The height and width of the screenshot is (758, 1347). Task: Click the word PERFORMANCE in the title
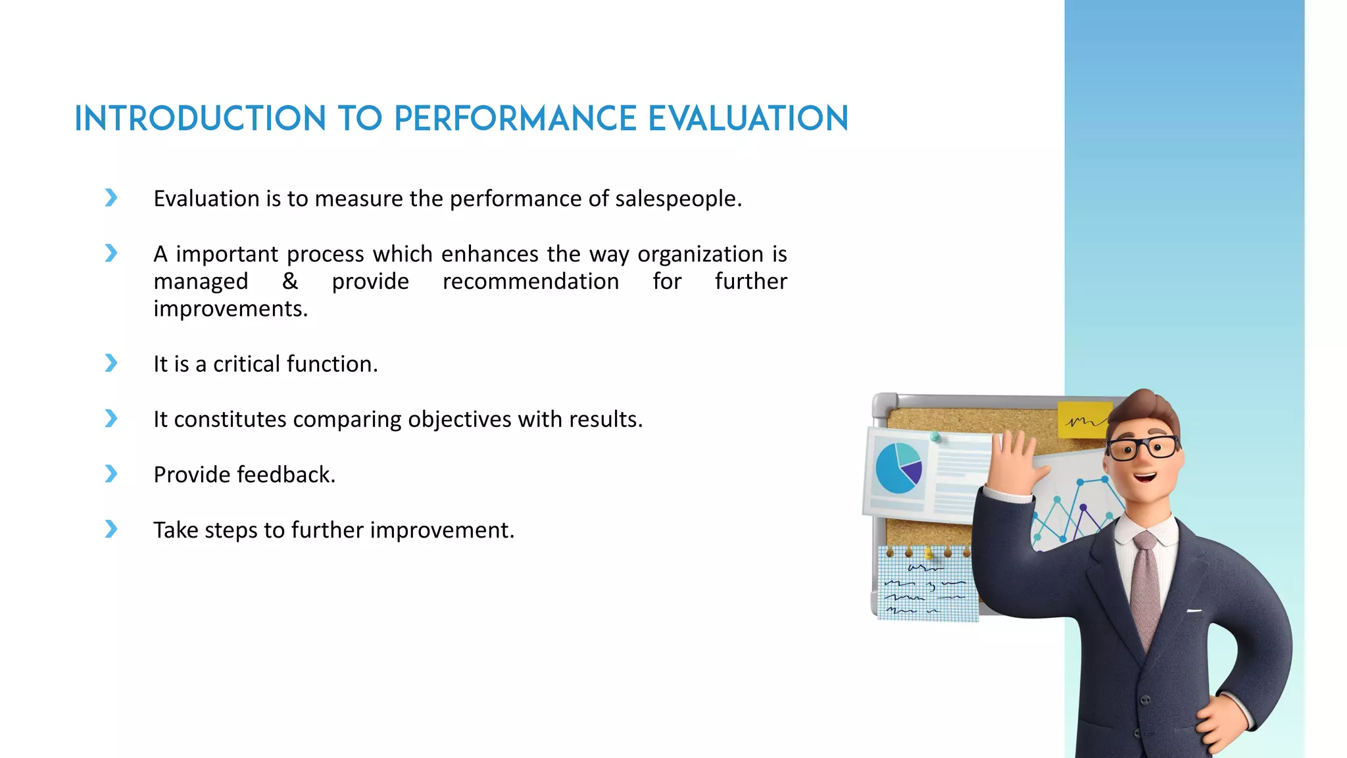coord(515,119)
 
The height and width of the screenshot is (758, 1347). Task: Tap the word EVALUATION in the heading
coord(748,119)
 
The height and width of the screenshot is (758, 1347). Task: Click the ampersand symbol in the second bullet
coord(289,282)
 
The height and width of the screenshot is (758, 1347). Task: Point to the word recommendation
coord(530,282)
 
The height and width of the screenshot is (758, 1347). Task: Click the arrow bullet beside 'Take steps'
coord(111,529)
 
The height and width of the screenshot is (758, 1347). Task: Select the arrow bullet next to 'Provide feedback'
coord(111,474)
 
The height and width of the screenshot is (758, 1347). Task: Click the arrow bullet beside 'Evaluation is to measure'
coord(111,197)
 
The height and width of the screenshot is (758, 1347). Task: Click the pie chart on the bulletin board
coord(898,468)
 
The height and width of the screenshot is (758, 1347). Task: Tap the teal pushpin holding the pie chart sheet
coord(935,436)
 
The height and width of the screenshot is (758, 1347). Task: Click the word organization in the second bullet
coord(700,254)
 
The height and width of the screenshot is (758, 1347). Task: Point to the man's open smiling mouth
coord(1145,477)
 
